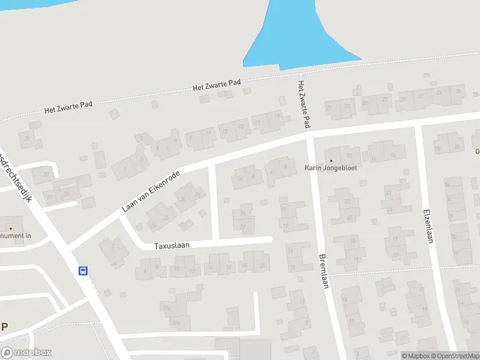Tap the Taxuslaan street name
click(x=172, y=246)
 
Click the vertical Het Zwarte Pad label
click(x=304, y=105)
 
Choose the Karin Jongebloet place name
click(x=331, y=168)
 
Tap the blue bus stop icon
click(x=83, y=271)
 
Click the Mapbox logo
click(x=26, y=353)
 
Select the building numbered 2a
click(x=239, y=178)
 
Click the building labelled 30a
click(x=167, y=308)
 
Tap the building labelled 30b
click(x=175, y=323)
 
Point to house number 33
click(x=439, y=92)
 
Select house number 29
click(x=403, y=99)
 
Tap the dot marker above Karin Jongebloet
click(x=331, y=160)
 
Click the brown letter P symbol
click(x=5, y=327)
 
